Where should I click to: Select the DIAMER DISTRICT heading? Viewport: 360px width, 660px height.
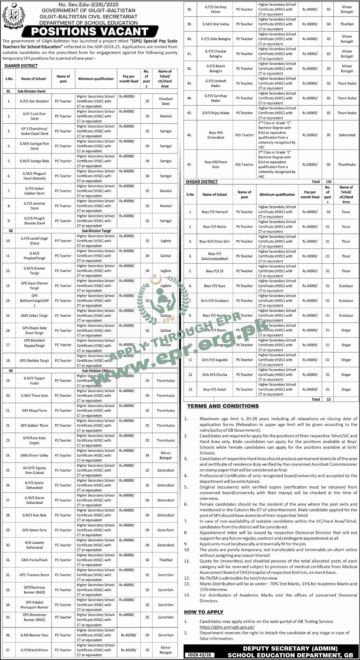click(21, 66)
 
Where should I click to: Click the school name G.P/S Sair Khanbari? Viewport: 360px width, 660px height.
click(35, 101)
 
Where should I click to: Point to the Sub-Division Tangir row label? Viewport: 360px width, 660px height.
click(96, 231)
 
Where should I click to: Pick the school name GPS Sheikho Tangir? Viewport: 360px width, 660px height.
click(35, 361)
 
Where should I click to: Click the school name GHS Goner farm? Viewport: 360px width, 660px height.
click(35, 530)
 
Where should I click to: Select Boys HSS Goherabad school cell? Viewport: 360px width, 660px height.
click(216, 135)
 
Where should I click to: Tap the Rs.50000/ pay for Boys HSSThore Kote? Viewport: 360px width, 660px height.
click(310, 165)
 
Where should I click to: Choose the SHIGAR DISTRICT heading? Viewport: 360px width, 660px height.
click(202, 182)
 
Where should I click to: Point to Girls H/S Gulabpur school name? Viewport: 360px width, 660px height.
click(215, 300)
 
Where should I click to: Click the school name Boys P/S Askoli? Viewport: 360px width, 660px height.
click(215, 389)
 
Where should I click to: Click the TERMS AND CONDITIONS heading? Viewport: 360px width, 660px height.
click(223, 406)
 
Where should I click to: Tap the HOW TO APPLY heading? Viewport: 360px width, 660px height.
click(204, 612)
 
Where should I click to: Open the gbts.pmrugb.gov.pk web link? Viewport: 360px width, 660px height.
click(227, 627)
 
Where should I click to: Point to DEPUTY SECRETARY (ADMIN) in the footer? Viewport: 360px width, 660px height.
click(290, 648)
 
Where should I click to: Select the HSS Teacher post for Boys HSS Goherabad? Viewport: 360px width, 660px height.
click(244, 135)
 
